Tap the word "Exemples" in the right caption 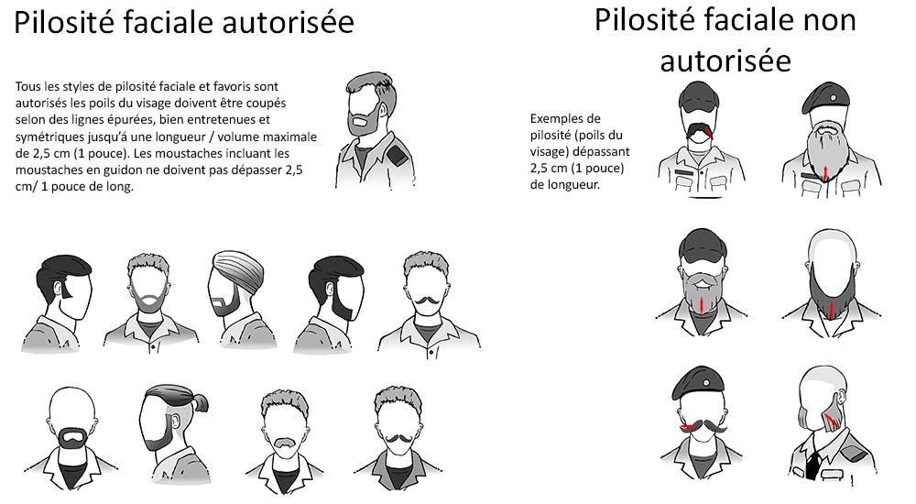(x=557, y=119)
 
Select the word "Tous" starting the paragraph (x=28, y=86)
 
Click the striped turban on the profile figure (x=239, y=269)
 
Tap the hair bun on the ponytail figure (x=200, y=402)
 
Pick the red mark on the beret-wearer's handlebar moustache (x=690, y=427)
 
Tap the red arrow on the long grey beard (x=825, y=171)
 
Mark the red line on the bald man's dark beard (x=832, y=310)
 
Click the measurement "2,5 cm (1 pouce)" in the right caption (x=577, y=169)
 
